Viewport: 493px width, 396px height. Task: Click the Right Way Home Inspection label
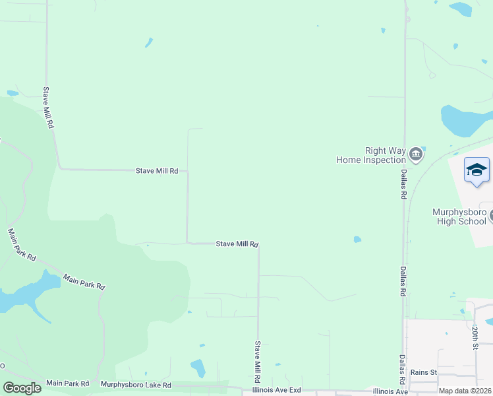pos(371,155)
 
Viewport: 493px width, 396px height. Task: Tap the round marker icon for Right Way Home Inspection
pos(416,155)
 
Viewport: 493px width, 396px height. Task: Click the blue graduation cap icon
pos(477,170)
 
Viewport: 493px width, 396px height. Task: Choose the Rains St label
pos(424,372)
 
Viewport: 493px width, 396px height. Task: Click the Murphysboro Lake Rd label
pos(136,385)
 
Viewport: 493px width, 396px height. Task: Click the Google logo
pos(22,388)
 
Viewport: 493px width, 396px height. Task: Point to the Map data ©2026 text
pos(465,391)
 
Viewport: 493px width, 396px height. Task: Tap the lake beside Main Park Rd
pos(26,294)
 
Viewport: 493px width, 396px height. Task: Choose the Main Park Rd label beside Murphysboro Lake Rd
pos(68,383)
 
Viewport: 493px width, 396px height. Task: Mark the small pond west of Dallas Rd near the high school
pos(357,239)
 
